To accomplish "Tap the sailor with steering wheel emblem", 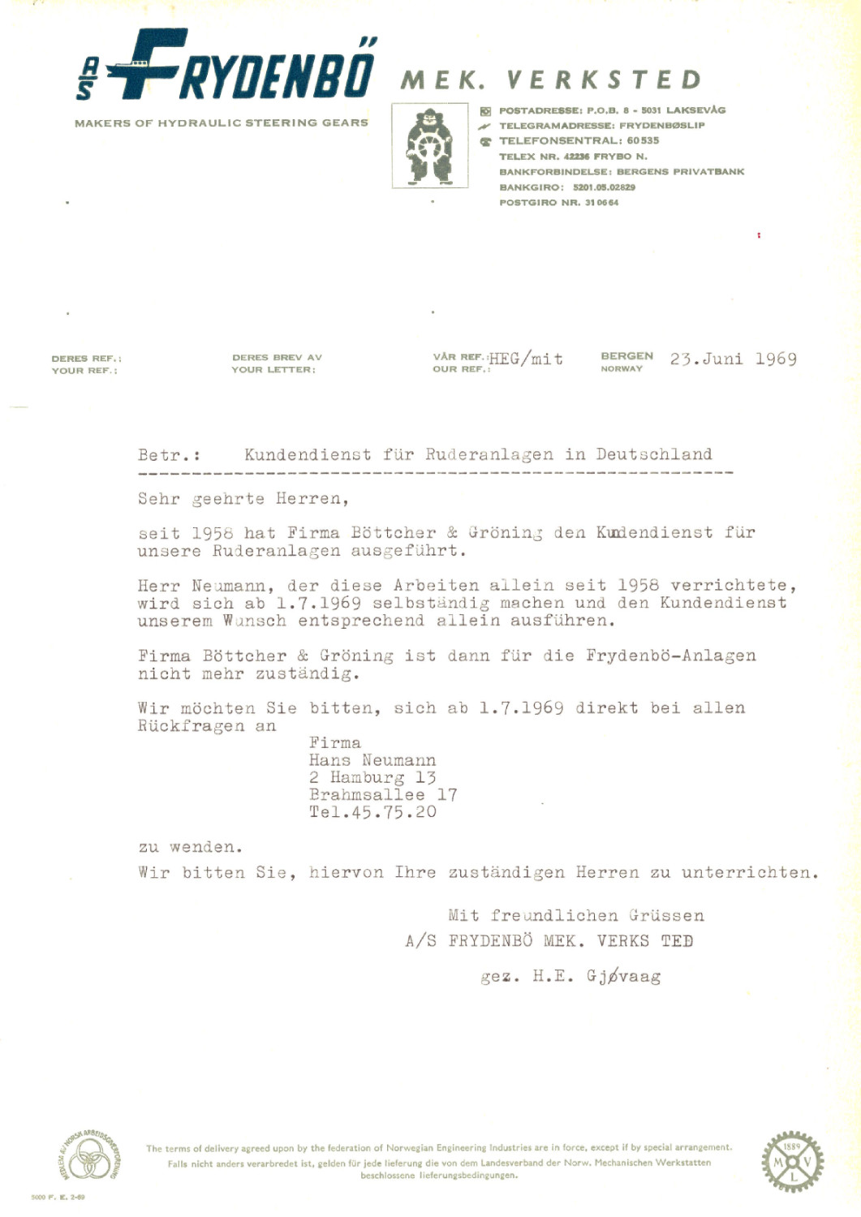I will click(429, 146).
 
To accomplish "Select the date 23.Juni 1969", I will click(733, 359).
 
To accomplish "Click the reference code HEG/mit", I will click(526, 359).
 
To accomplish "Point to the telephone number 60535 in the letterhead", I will click(643, 140).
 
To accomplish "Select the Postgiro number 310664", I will click(601, 203).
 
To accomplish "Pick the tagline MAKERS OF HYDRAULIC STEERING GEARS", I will click(221, 123).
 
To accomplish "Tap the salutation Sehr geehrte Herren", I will click(243, 499).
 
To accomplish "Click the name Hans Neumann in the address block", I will click(372, 761).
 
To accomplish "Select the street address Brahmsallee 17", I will click(383, 795).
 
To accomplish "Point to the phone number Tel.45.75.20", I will click(372, 812).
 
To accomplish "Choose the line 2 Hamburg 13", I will click(372, 778).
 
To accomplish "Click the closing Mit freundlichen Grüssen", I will click(576, 916).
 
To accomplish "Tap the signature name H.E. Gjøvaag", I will click(596, 976).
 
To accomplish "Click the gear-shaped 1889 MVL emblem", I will click(792, 1162).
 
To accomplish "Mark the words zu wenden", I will click(190, 847).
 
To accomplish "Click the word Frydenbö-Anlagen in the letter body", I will click(670, 656).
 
